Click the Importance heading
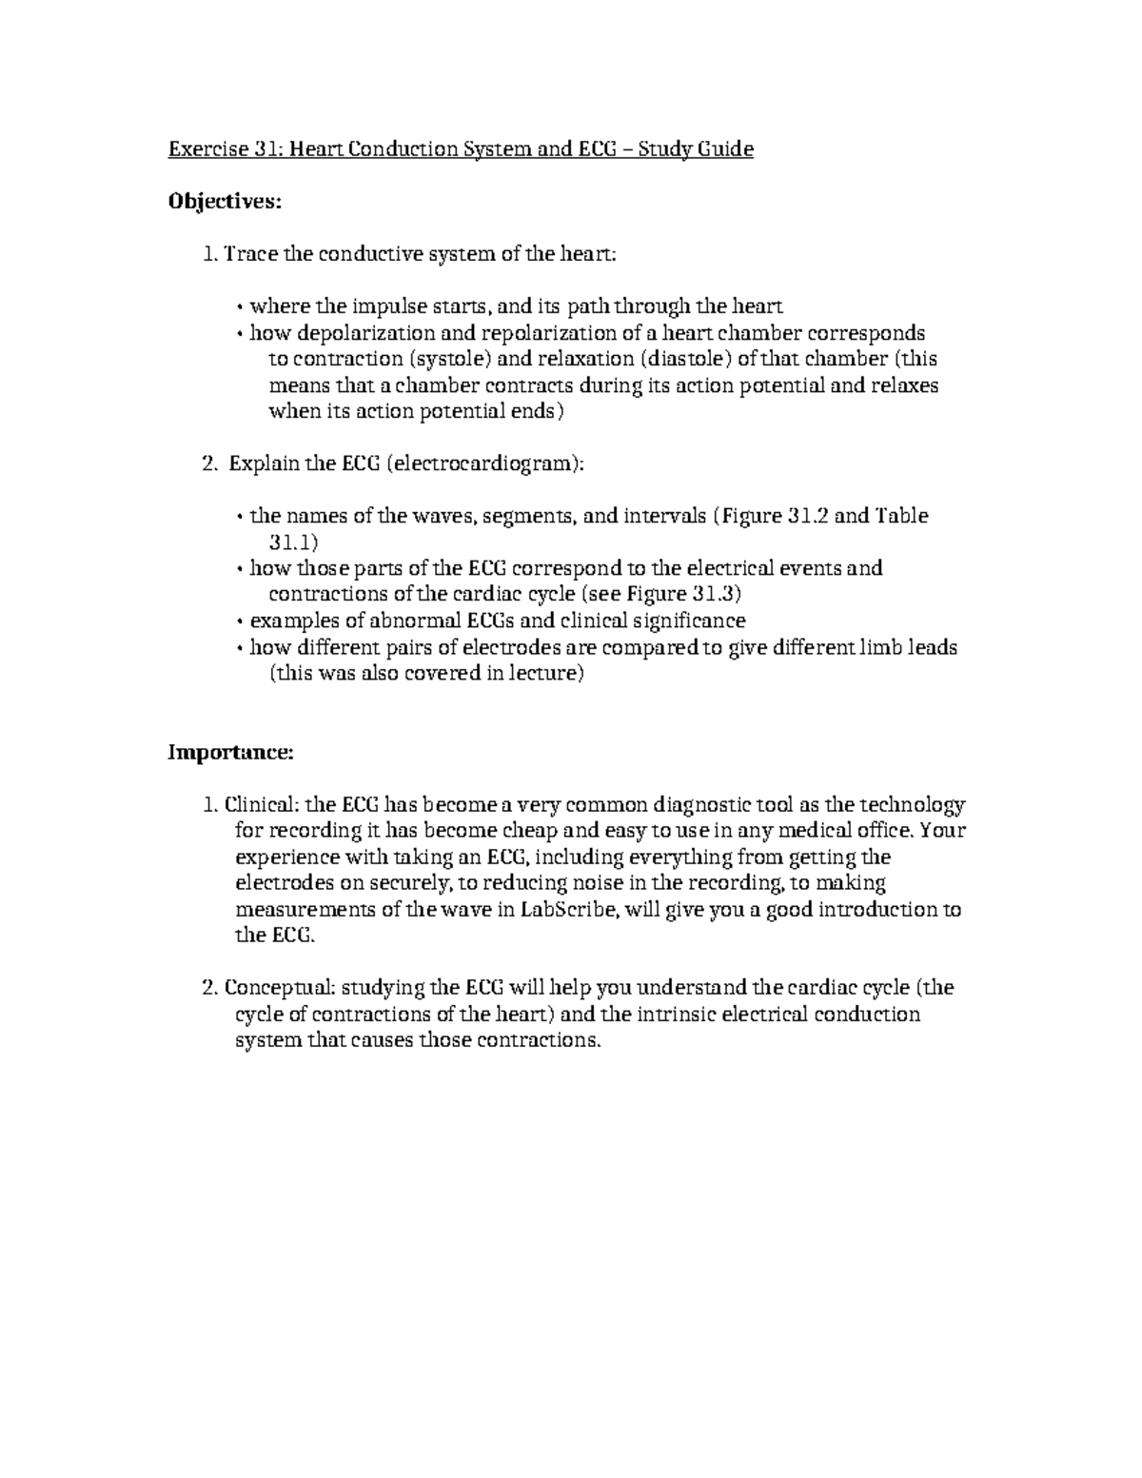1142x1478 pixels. pyautogui.click(x=231, y=753)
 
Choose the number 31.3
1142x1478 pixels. pyautogui.click(x=711, y=595)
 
